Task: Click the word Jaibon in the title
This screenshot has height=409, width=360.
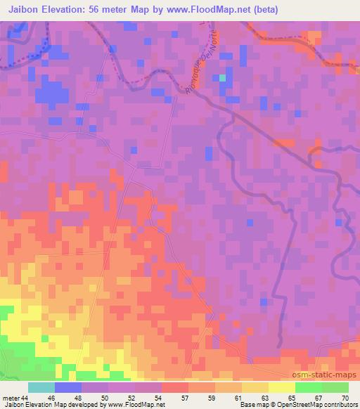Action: coord(23,10)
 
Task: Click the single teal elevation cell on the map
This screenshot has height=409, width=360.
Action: coord(223,77)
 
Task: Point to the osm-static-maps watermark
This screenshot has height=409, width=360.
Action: coord(328,375)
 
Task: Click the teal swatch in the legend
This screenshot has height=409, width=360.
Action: coord(41,387)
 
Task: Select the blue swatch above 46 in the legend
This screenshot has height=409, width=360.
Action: coord(68,387)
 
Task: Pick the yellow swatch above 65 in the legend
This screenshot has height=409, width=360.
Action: coord(282,387)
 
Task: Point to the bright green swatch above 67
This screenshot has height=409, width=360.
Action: coord(309,387)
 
